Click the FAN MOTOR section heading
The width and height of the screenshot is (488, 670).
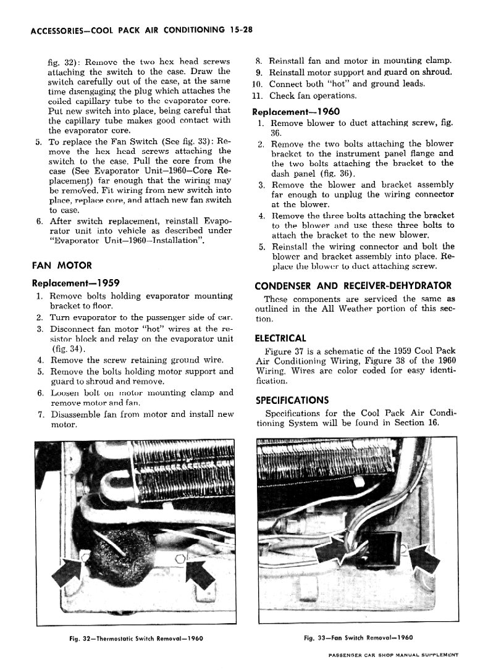tap(61, 266)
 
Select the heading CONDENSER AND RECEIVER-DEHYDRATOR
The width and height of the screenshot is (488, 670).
tap(353, 285)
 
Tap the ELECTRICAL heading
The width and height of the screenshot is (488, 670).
tap(280, 338)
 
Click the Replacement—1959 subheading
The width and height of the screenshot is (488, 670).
tap(75, 283)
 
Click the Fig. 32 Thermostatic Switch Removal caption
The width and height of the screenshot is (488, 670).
tap(137, 638)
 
